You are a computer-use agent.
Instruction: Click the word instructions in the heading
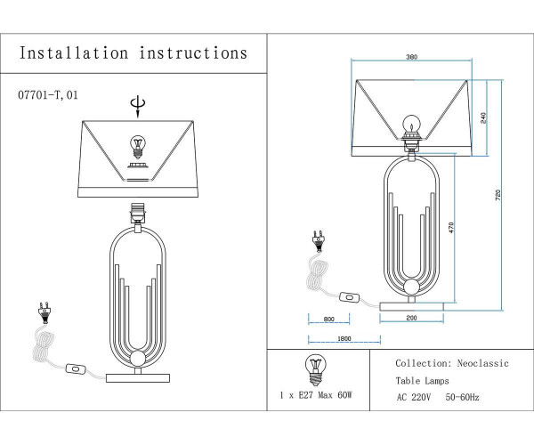(193, 53)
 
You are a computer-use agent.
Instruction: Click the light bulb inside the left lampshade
(137, 144)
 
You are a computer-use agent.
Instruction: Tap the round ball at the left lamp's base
(137, 360)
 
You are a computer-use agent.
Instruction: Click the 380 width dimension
(412, 59)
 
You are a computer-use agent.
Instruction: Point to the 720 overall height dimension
(499, 194)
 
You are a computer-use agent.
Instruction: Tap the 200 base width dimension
(411, 318)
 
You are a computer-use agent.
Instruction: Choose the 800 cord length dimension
(328, 319)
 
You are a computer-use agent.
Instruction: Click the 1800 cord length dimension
(344, 338)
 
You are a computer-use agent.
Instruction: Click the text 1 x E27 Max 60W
(316, 393)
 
